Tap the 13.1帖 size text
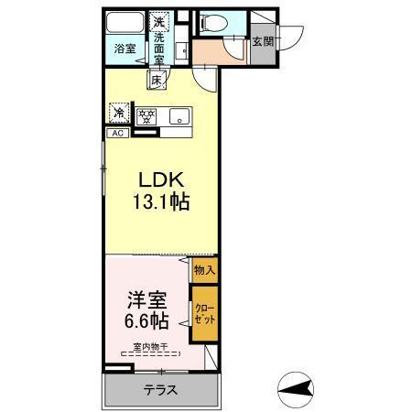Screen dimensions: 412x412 [161, 203]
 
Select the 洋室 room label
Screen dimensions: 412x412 [147, 299]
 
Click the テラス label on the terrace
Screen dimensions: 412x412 [160, 389]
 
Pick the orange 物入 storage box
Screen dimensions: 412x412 [204, 270]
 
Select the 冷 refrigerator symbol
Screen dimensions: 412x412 [119, 113]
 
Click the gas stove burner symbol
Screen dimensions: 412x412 [146, 115]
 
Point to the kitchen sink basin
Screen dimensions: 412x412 [179, 115]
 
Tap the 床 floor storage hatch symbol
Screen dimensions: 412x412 [157, 81]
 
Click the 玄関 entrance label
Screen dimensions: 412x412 [262, 42]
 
